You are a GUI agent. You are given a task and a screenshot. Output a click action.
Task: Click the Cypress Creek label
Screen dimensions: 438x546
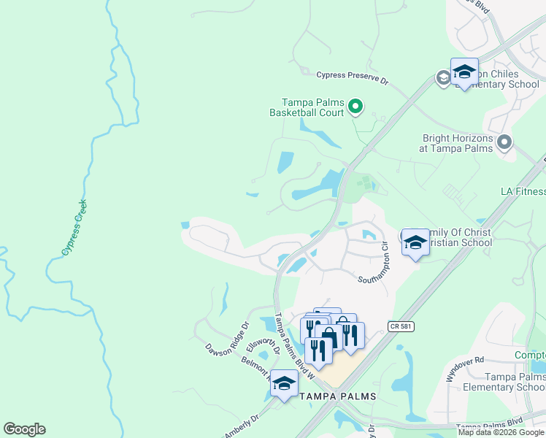[74, 227]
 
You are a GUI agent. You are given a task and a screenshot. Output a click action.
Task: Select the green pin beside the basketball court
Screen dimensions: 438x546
[355, 107]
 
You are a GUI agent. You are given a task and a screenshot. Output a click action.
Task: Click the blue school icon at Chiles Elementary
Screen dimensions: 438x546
[464, 72]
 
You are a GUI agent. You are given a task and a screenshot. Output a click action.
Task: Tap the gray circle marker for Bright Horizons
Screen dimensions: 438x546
[504, 142]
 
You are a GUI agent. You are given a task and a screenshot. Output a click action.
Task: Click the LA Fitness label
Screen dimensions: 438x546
[523, 191]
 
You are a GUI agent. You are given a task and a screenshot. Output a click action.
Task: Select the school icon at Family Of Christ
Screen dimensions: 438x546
[415, 243]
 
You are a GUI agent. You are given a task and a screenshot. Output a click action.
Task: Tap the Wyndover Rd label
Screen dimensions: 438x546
[465, 369]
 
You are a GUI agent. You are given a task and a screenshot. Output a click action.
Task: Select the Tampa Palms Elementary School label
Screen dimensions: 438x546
[504, 382]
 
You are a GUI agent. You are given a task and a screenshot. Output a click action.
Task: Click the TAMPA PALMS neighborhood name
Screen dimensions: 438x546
[338, 396]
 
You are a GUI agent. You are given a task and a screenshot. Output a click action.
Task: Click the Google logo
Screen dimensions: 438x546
[24, 429]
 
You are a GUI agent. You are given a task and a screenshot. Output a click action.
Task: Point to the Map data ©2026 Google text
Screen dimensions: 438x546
[500, 432]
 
